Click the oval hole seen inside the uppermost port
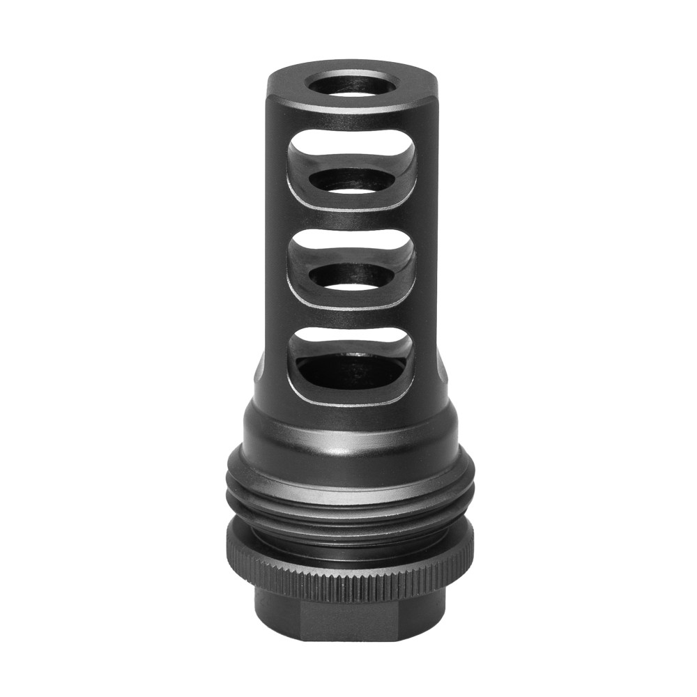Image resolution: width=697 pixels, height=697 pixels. pos(351,179)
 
